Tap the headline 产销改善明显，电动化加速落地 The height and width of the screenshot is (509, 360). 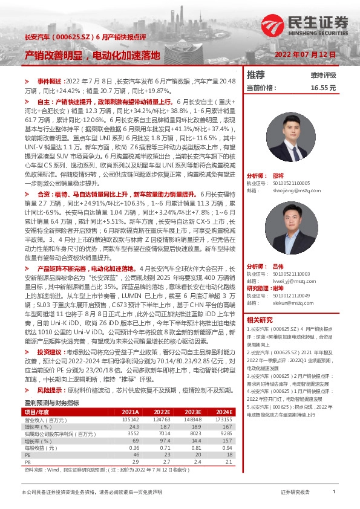pos(92,56)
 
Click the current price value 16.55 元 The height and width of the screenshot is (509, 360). pos(323,88)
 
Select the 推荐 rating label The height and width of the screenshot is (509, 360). pos(257,75)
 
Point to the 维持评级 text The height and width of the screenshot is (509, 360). pos(323,76)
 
